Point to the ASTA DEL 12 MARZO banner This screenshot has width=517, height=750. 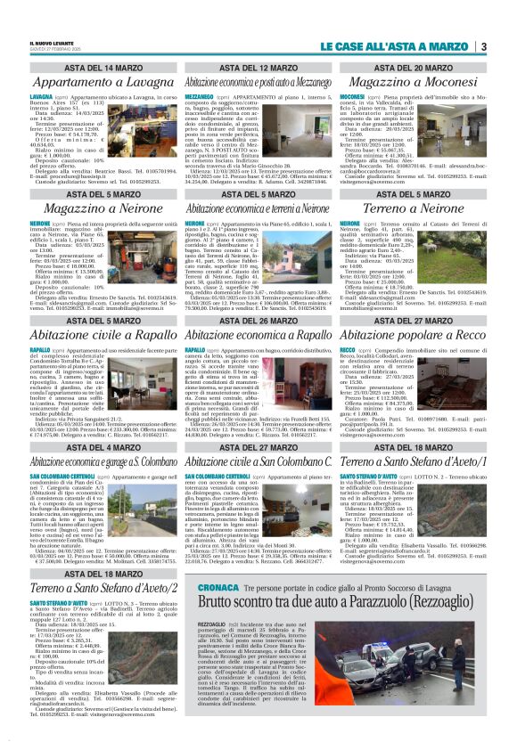tap(258, 68)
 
